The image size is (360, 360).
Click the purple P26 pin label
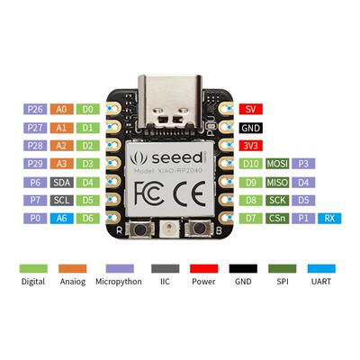[x=35, y=109]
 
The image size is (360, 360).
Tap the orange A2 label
[x=61, y=146]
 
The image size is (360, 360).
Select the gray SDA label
[x=61, y=183]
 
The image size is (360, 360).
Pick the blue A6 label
[x=61, y=219]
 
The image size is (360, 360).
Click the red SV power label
[x=251, y=109]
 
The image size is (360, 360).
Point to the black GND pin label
[x=251, y=128]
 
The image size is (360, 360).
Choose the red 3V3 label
[x=251, y=146]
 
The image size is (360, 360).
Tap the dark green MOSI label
[x=277, y=164]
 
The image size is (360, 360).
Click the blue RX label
[x=329, y=219]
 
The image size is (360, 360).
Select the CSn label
[x=277, y=219]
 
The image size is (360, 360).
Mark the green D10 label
[x=251, y=164]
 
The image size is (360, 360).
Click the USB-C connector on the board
[x=170, y=102]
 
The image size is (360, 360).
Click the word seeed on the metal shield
[x=177, y=158]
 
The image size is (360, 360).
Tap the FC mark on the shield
[x=149, y=193]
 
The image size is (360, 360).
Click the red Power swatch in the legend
[x=204, y=268]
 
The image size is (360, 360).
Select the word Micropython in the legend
[x=119, y=282]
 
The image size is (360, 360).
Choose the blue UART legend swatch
[x=321, y=268]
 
